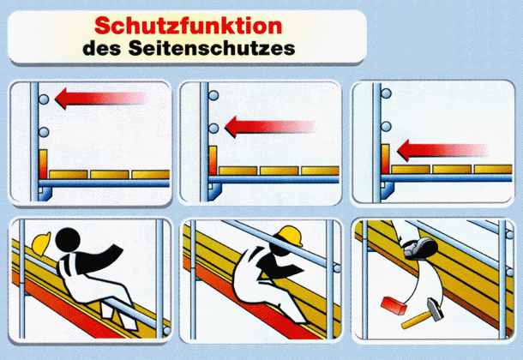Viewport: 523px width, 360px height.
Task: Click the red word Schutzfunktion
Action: [x=189, y=26]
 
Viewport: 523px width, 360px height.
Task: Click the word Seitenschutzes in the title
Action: [x=212, y=48]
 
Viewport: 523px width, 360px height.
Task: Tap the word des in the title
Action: [x=102, y=48]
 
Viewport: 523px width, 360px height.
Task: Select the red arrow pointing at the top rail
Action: [x=100, y=99]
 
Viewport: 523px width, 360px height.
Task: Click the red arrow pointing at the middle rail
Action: [x=270, y=127]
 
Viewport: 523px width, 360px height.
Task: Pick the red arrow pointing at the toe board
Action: [x=442, y=150]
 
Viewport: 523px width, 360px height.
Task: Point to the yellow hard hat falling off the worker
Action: [x=41, y=243]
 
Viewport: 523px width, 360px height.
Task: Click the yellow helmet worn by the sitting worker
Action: [x=290, y=236]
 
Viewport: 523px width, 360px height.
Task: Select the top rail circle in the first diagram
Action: [x=44, y=99]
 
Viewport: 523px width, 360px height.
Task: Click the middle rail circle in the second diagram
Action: [x=213, y=128]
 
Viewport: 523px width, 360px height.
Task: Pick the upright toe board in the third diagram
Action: [x=385, y=159]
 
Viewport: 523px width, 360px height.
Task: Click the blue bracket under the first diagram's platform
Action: [x=45, y=194]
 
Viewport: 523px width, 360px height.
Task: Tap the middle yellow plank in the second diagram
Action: [x=280, y=171]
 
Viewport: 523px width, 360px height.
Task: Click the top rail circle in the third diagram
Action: [x=386, y=93]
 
